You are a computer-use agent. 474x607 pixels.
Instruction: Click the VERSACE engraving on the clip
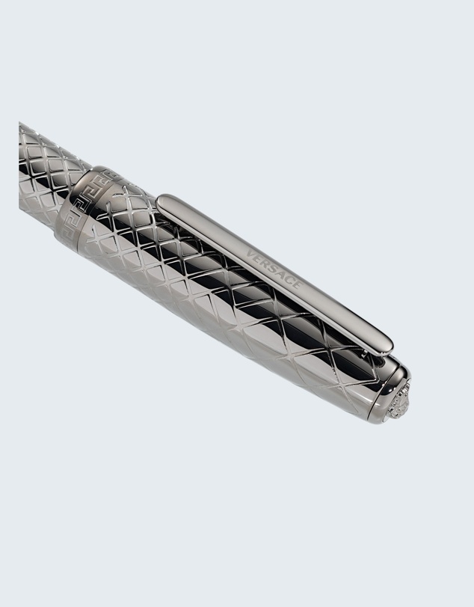click(274, 270)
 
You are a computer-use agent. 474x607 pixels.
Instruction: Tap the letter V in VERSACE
click(250, 254)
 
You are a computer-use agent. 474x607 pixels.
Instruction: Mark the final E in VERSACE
click(297, 286)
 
